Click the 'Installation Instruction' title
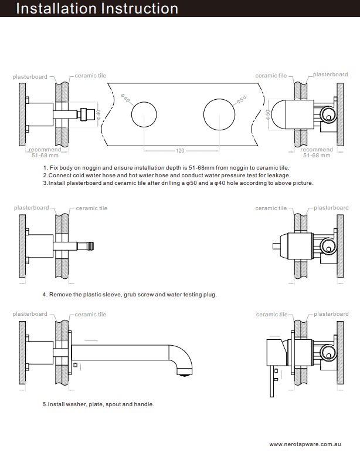[x=97, y=9]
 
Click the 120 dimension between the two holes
[x=180, y=151]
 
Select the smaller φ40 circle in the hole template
[x=144, y=114]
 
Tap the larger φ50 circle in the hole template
[x=218, y=114]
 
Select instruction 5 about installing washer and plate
[x=98, y=404]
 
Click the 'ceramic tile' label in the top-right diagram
[x=271, y=76]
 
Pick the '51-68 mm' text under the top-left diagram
[x=45, y=156]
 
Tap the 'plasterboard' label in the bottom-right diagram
[x=331, y=314]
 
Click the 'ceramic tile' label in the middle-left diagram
[x=91, y=208]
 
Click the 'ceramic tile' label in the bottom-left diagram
[x=90, y=315]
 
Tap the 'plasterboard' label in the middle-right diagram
[x=331, y=208]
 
